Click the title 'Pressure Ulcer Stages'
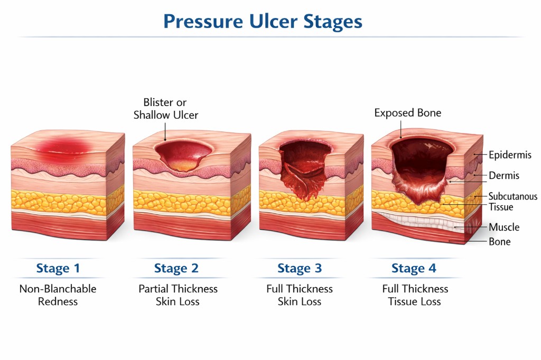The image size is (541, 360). (x=263, y=22)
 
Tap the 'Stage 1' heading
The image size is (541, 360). (x=58, y=268)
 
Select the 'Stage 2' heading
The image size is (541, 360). (x=176, y=268)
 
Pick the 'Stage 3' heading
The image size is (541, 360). (x=300, y=268)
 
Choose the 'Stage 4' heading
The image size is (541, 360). (x=414, y=268)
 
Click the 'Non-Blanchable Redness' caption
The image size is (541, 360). (x=58, y=295)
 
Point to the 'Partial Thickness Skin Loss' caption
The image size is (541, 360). (x=178, y=295)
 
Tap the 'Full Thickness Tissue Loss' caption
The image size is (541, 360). (x=415, y=295)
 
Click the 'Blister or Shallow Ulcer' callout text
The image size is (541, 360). (x=165, y=108)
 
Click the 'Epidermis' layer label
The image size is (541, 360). (x=510, y=155)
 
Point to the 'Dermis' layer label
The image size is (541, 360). (x=503, y=176)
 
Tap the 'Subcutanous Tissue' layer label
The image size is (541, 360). (x=512, y=201)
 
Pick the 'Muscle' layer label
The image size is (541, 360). (x=504, y=228)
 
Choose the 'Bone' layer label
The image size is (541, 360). (x=499, y=242)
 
